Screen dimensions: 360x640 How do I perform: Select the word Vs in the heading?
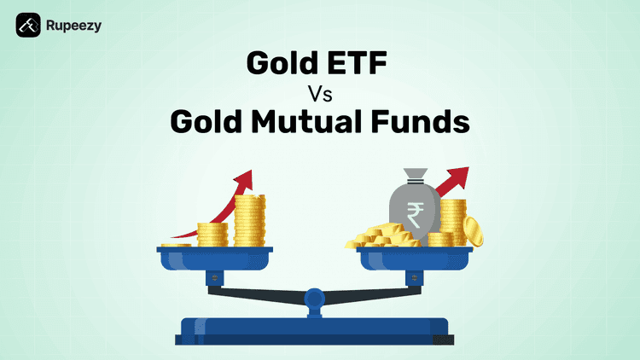pyautogui.click(x=318, y=93)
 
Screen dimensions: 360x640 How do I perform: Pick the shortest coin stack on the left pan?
pyautogui.click(x=177, y=245)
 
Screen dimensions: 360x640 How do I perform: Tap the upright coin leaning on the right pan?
pyautogui.click(x=474, y=231)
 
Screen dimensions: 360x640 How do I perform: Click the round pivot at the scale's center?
pyautogui.click(x=314, y=299)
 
